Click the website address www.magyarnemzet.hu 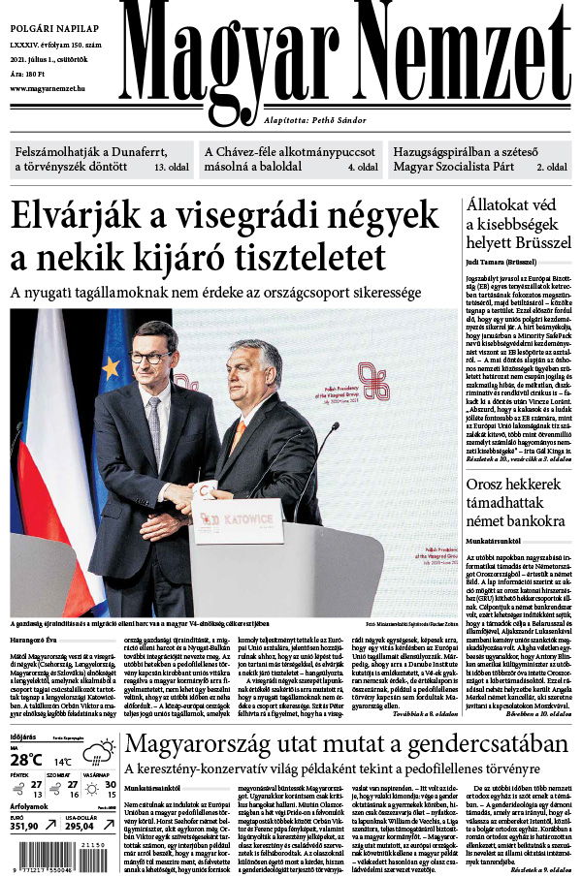pyautogui.click(x=48, y=88)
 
